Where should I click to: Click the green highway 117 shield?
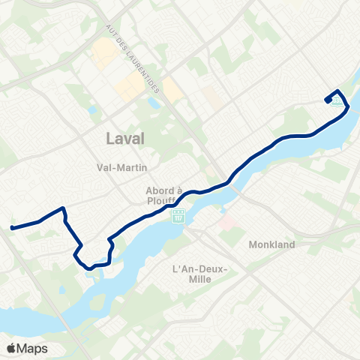coord(178,217)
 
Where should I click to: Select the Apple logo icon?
coord(11,348)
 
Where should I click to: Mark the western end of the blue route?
coord(12,226)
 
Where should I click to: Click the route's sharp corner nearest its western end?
coord(64,208)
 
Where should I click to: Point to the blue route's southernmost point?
coord(90,268)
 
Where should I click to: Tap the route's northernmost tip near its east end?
coord(337,91)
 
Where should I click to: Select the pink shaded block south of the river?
coord(227,223)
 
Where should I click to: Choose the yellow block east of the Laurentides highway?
coord(172,91)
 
